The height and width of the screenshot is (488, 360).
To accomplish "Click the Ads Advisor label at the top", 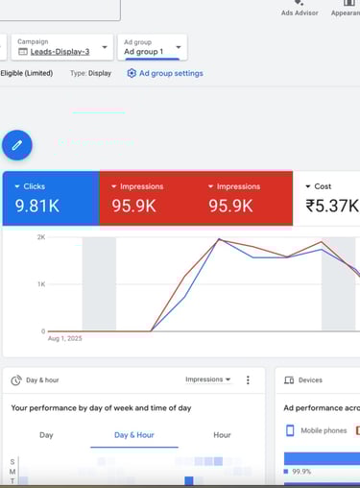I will (300, 13).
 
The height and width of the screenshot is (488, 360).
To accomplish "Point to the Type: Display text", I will (90, 74).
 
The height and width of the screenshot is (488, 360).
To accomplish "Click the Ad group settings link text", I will (171, 74).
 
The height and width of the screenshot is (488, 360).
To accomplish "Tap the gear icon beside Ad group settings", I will (132, 74).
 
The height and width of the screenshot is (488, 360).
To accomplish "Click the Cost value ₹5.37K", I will (331, 206).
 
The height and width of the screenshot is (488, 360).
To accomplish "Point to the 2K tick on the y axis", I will (41, 237).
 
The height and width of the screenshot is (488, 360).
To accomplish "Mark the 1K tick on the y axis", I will (41, 284).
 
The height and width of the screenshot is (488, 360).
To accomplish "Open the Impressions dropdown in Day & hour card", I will (208, 379).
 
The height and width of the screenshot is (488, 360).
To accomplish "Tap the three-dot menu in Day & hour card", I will (248, 380).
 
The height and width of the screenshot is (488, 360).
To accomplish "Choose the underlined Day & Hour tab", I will (133, 435).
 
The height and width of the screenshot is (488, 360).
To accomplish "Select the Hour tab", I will (222, 435).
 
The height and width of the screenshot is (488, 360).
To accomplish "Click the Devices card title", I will (311, 380).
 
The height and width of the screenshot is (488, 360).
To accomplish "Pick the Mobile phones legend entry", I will (322, 430).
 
